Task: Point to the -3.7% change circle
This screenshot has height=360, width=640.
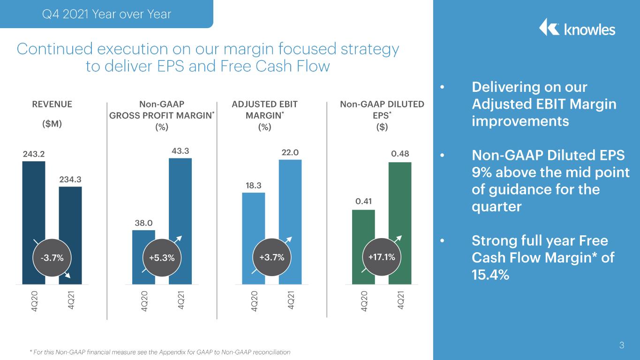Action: coord(52,258)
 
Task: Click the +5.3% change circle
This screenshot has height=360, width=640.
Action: coord(162,258)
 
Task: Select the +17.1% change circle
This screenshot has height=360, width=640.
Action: coord(382,257)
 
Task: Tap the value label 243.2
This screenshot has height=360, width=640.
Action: coord(34,154)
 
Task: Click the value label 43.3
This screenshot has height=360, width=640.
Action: coord(181,151)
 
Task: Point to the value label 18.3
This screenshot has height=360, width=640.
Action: coord(254,186)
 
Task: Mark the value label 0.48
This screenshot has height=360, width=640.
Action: coord(400,154)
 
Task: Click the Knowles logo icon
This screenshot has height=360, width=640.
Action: coord(549,28)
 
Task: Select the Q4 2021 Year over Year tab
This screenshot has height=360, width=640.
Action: coord(106,14)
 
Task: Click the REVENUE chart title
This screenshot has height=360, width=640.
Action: coord(52,104)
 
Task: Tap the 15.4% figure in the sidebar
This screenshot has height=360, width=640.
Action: coord(490,275)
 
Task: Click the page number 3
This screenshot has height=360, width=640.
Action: coord(622,345)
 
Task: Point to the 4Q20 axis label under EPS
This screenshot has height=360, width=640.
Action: coord(364,301)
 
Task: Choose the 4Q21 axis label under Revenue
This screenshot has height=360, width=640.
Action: coord(71,300)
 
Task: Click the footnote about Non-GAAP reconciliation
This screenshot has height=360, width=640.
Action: coord(160,352)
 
